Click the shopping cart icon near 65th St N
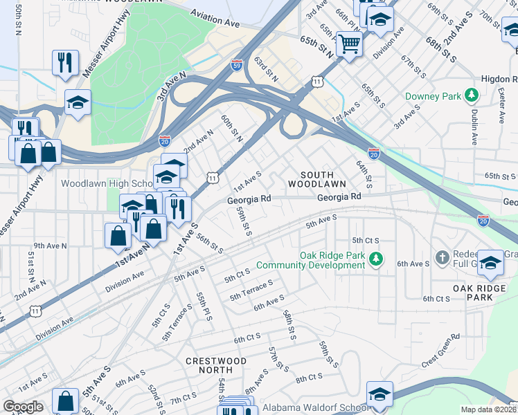[350, 45]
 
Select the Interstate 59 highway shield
[237, 62]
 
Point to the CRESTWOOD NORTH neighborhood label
[216, 366]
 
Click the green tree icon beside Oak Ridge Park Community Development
[375, 259]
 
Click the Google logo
[23, 407]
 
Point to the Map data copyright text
[489, 409]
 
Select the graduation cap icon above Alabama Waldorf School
[379, 394]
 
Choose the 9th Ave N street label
[50, 245]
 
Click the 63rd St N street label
[266, 70]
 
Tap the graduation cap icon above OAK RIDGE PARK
[491, 263]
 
